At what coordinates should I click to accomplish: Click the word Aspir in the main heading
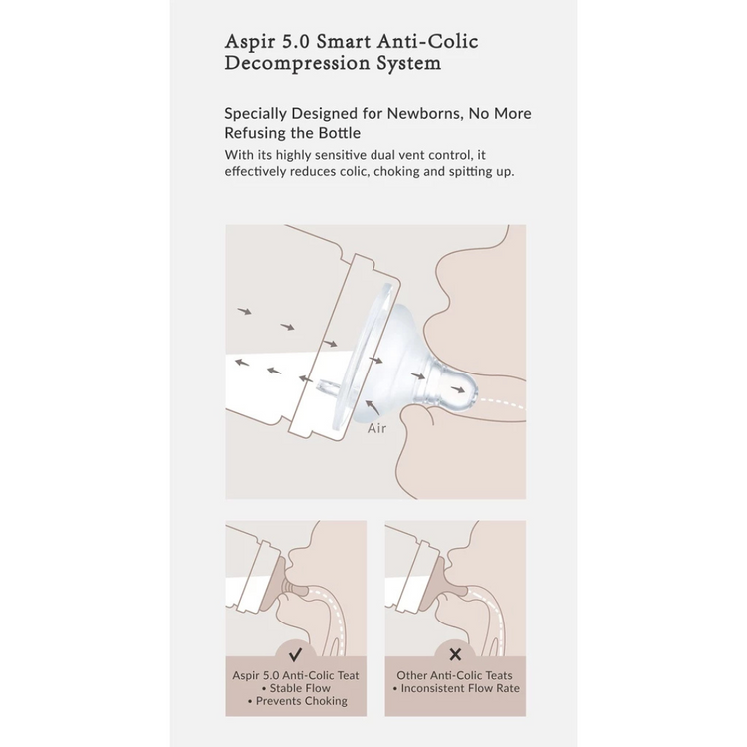(x=249, y=42)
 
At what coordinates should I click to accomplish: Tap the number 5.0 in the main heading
(x=296, y=42)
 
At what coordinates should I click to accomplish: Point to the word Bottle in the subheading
(x=339, y=133)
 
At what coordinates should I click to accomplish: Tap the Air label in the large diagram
(x=376, y=428)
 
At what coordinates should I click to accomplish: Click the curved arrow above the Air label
(x=373, y=407)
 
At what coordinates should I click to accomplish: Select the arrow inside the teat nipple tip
(x=458, y=389)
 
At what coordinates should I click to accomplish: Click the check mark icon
(x=296, y=655)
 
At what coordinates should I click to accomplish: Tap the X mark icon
(x=455, y=655)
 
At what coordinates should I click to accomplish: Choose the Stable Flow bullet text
(x=296, y=688)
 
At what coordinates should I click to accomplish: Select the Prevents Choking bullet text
(x=297, y=701)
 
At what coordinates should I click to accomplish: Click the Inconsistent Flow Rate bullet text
(x=456, y=688)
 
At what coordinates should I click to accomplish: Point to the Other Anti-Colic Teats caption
(x=454, y=675)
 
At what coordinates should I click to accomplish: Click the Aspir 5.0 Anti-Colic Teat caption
(x=296, y=675)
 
